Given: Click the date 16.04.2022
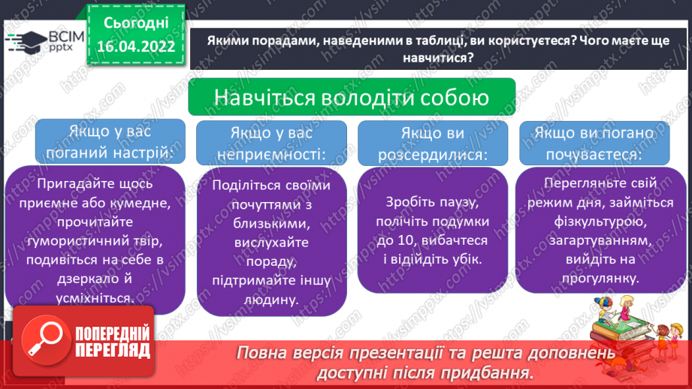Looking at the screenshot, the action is pyautogui.click(x=136, y=47).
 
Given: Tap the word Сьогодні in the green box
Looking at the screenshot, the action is pyautogui.click(x=136, y=23).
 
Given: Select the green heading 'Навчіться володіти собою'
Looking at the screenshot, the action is pyautogui.click(x=352, y=97).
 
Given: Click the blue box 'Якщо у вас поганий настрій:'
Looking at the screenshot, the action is pyautogui.click(x=110, y=141).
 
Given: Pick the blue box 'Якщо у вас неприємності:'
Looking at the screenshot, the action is pyautogui.click(x=271, y=143).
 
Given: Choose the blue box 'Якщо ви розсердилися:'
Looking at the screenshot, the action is pyautogui.click(x=433, y=143).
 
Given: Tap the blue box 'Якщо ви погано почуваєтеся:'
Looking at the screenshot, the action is pyautogui.click(x=594, y=143).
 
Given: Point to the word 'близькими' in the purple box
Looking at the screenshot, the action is pyautogui.click(x=271, y=223).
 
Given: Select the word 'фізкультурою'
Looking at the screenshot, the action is pyautogui.click(x=600, y=222).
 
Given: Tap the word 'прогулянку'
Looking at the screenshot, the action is pyautogui.click(x=599, y=279).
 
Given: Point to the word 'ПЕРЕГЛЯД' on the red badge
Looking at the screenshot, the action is pyautogui.click(x=113, y=351).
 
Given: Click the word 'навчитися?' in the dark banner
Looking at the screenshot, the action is pyautogui.click(x=438, y=58).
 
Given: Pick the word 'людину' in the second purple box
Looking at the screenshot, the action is pyautogui.click(x=271, y=300).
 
